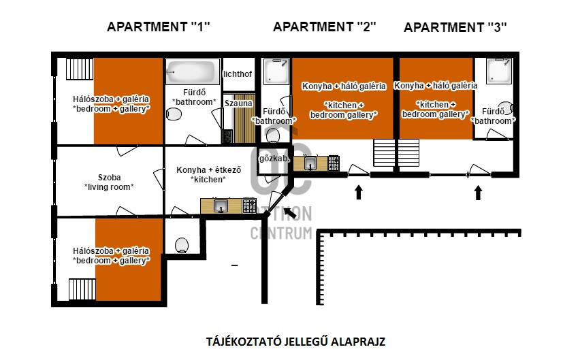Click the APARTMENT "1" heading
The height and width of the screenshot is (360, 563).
point(159,27)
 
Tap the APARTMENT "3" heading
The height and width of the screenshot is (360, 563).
point(455,27)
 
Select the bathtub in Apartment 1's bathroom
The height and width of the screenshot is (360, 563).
point(193,71)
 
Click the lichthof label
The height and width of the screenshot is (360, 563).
point(238,74)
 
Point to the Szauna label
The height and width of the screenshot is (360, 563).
point(238,103)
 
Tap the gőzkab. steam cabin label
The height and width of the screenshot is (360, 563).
point(274,159)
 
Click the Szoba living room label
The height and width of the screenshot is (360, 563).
point(109,182)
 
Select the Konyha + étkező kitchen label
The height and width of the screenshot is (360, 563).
point(208,174)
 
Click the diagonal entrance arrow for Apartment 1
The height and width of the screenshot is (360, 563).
point(290,213)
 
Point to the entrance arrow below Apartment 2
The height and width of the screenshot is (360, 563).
point(358,192)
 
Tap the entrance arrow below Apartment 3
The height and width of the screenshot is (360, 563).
point(478,193)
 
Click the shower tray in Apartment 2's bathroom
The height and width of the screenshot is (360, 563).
point(276,71)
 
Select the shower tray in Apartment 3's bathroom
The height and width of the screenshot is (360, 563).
point(499,71)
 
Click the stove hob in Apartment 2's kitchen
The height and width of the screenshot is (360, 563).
point(334,163)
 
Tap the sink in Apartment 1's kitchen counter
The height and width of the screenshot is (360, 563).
point(221,206)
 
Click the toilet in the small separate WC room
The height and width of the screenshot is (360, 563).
point(182,246)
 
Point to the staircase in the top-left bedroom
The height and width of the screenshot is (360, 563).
point(80,69)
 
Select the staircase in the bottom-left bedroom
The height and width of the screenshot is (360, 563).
point(82,289)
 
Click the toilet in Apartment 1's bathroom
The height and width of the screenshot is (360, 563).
point(174,114)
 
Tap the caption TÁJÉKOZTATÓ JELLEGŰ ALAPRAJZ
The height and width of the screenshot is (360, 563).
point(296,342)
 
